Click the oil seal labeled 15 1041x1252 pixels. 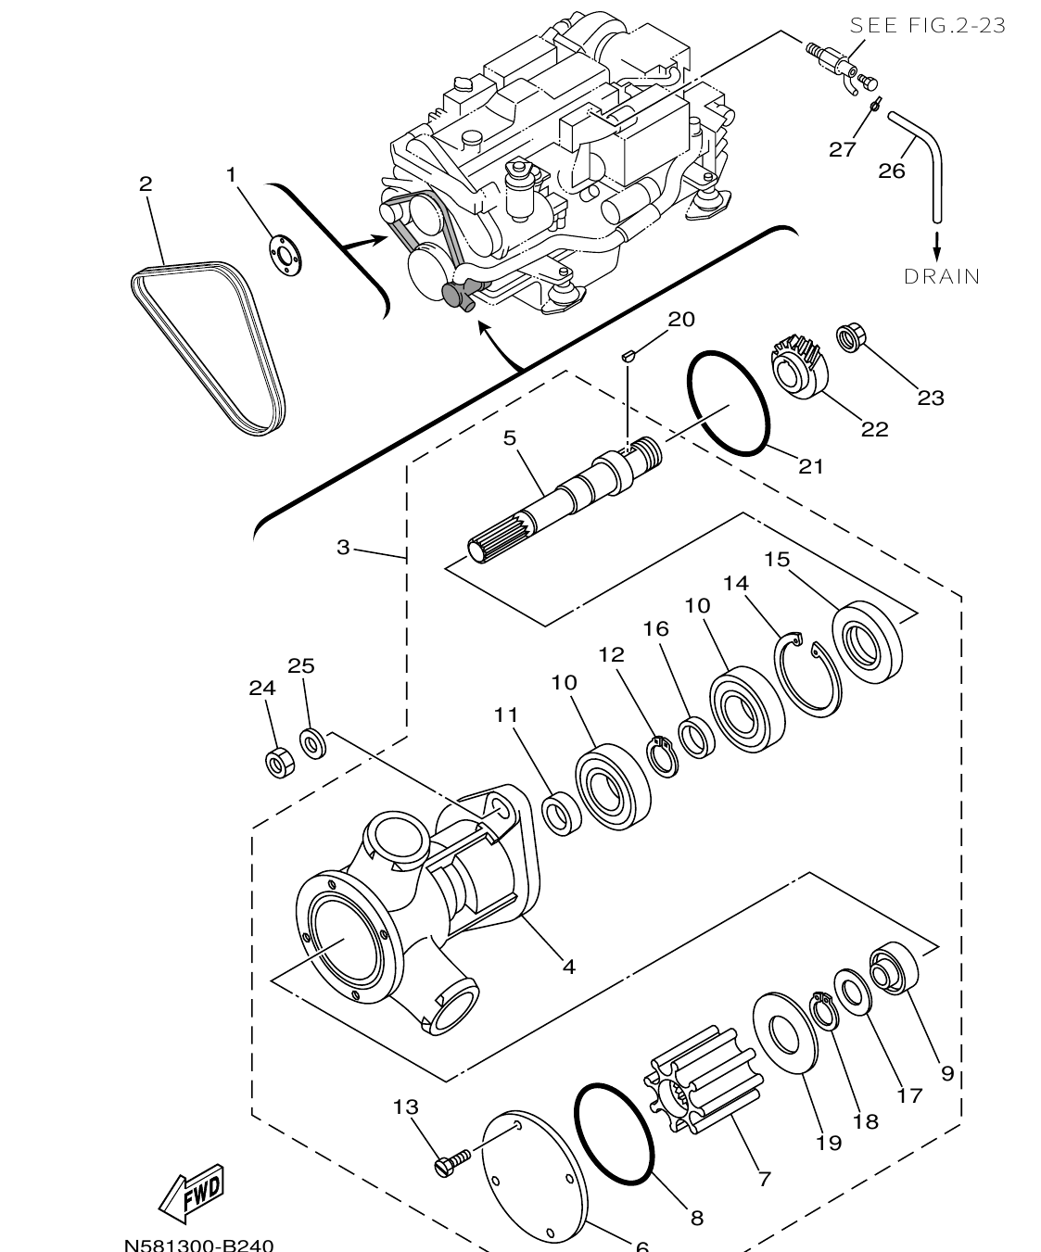(869, 642)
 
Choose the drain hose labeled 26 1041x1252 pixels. (929, 158)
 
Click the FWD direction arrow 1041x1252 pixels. (191, 1192)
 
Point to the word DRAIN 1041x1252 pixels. (942, 276)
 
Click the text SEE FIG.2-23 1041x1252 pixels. (928, 26)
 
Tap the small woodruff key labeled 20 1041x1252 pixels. (626, 353)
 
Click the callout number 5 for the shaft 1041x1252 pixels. (510, 437)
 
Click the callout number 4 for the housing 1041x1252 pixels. (569, 967)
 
